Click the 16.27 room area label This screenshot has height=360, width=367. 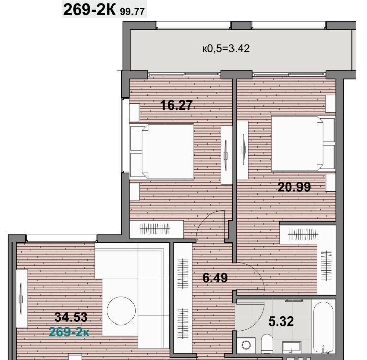pos(177,105)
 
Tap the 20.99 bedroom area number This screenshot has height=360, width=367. pos(294,187)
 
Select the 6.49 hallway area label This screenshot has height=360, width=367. pos(215,278)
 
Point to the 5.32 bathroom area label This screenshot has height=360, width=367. pos(281,321)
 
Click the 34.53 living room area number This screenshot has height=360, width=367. pos(71,317)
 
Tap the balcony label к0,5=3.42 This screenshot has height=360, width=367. pos(226,48)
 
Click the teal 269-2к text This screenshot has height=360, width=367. pos(69,332)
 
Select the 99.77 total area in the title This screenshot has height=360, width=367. pos(132,12)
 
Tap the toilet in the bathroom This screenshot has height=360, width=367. pos(267,344)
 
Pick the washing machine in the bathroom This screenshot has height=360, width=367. pos(246,345)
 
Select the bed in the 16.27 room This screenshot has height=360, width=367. pos(162,152)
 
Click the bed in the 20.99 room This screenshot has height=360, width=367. pos(303,143)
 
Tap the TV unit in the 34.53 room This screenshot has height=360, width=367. pos(22,299)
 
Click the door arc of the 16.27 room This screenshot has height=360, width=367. pos(204,219)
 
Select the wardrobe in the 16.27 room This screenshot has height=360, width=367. pos(156,229)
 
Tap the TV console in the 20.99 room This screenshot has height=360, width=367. pos(243,150)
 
